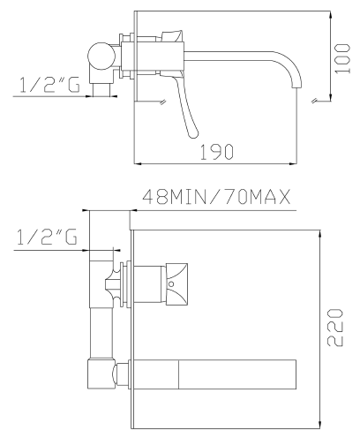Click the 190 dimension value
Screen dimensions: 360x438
(217, 152)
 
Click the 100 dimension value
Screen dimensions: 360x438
(342, 58)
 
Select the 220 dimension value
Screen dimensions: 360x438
(335, 328)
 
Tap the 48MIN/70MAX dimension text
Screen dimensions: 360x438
(217, 197)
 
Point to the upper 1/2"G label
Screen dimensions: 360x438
(49, 85)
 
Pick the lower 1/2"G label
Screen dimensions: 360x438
(47, 237)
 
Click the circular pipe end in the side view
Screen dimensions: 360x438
(101, 57)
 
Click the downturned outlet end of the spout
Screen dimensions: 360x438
(296, 84)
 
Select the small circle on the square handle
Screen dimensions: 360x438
(171, 284)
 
